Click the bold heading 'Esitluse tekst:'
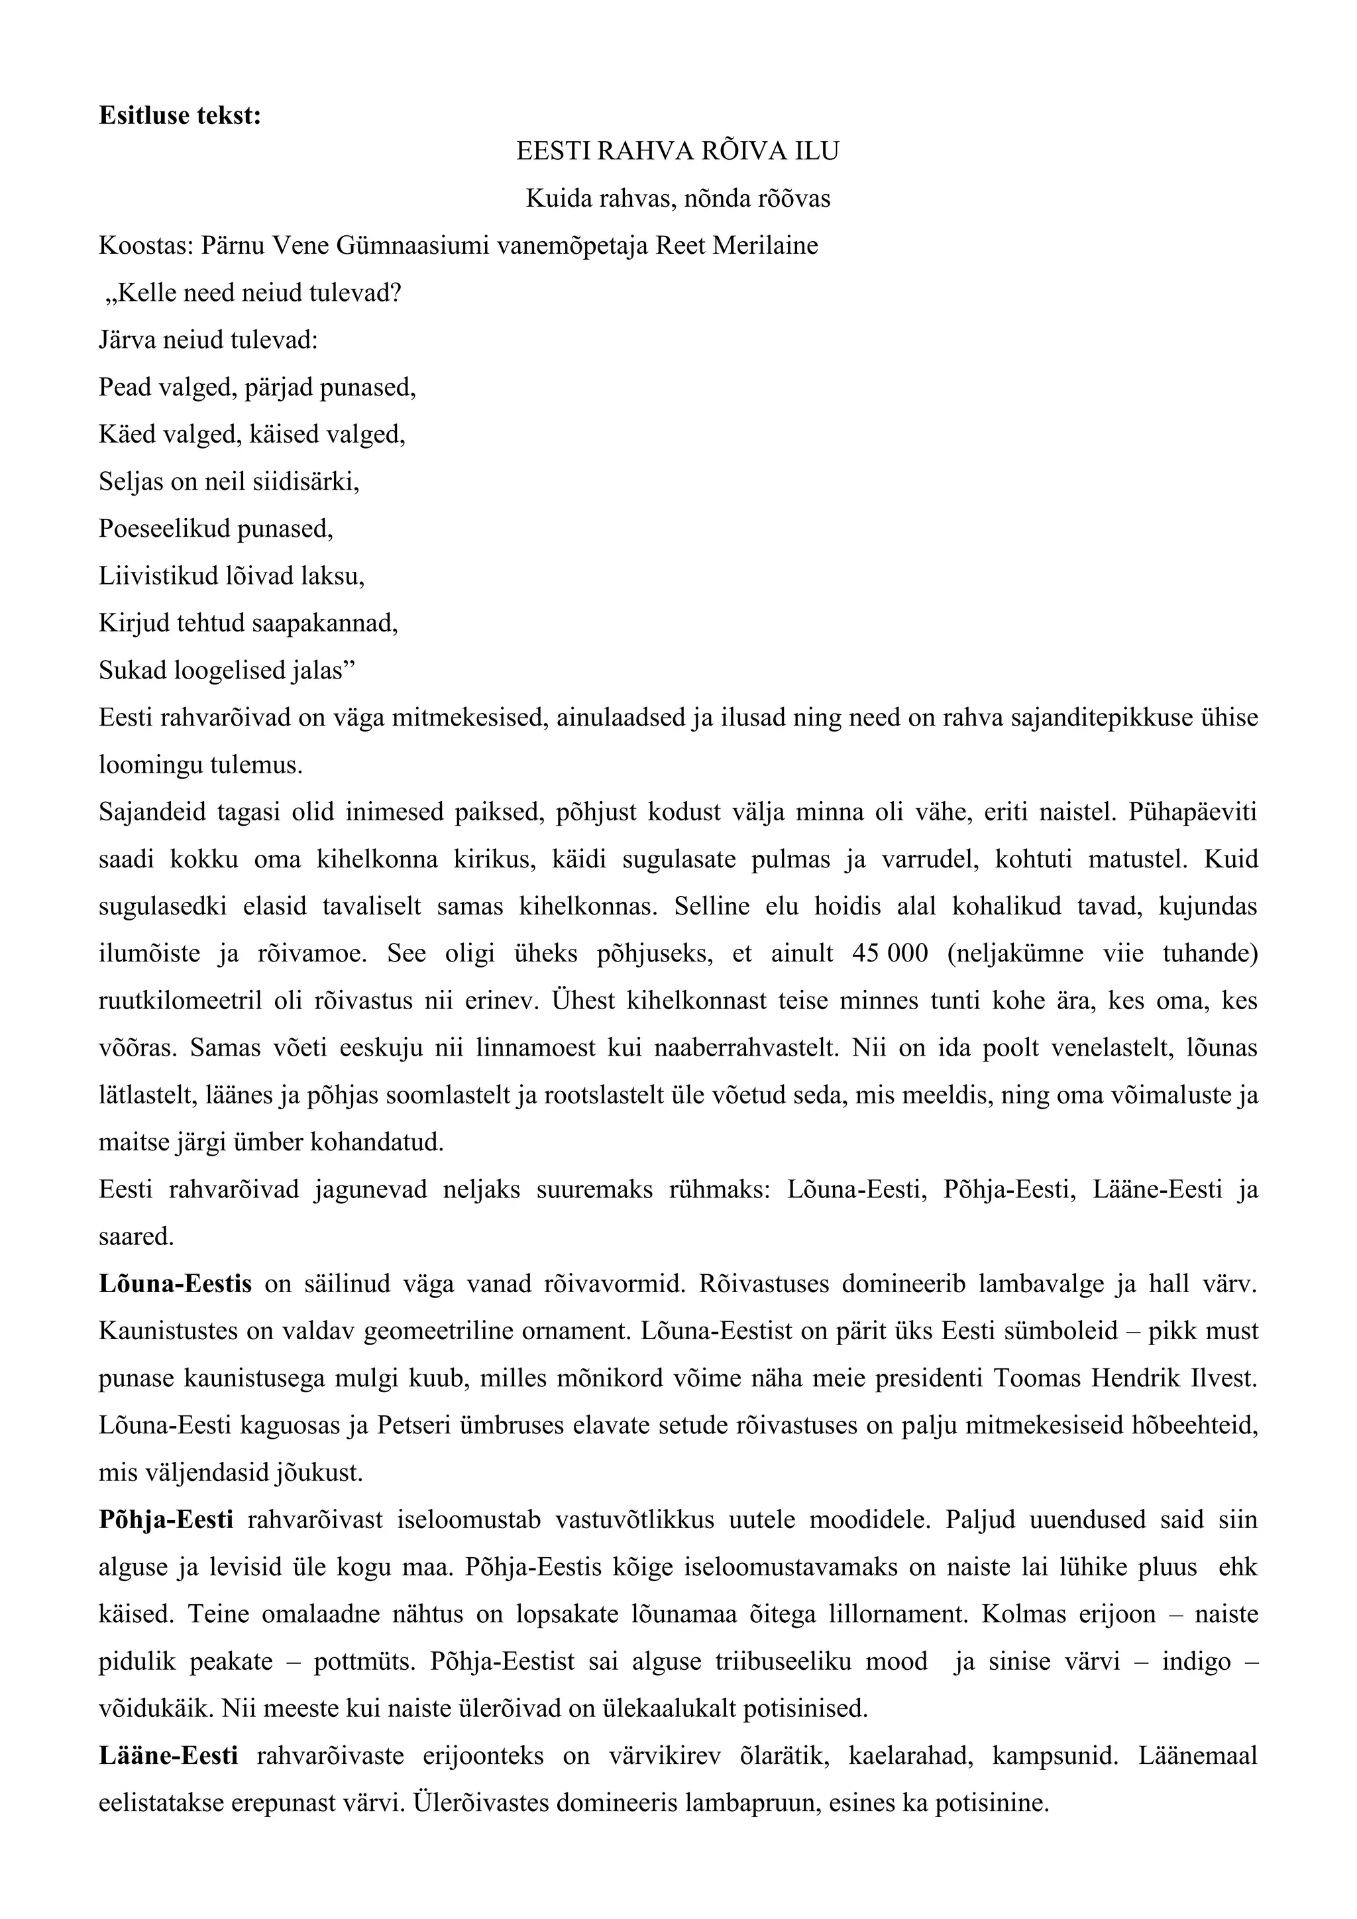180,115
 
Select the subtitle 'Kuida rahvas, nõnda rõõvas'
678,199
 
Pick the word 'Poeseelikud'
164,528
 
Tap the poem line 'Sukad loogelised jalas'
222,671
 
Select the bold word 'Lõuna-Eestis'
175,1284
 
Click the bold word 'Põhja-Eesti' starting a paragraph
166,1519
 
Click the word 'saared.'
136,1237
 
